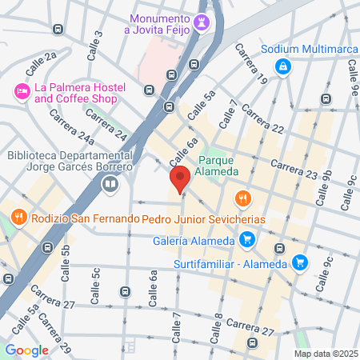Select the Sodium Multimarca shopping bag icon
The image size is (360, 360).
tap(282, 67)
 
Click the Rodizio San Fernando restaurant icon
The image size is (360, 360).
tap(17, 218)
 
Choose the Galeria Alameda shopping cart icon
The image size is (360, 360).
tap(247, 238)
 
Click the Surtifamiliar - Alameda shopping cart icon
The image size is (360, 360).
tap(299, 262)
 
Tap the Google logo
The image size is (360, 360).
tap(26, 350)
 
